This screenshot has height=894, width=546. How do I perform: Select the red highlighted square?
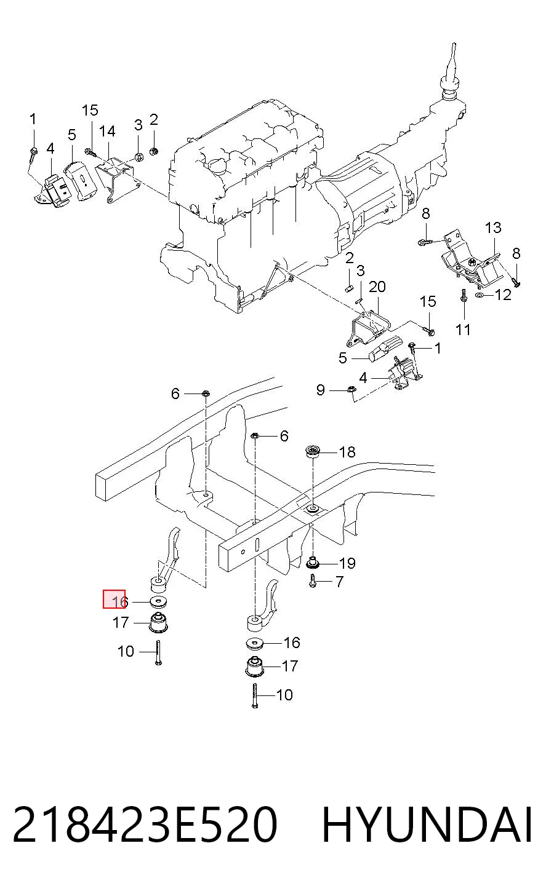pyautogui.click(x=114, y=599)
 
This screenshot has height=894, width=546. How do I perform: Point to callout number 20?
pyautogui.click(x=377, y=287)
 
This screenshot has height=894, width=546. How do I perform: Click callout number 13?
pyautogui.click(x=493, y=227)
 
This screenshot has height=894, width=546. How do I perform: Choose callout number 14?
pyautogui.click(x=106, y=131)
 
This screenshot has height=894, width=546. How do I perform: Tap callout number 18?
pyautogui.click(x=347, y=452)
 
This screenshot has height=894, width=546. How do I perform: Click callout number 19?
pyautogui.click(x=347, y=563)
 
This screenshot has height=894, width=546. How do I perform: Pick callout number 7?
pyautogui.click(x=339, y=582)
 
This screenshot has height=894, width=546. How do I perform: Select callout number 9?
pyautogui.click(x=321, y=390)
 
